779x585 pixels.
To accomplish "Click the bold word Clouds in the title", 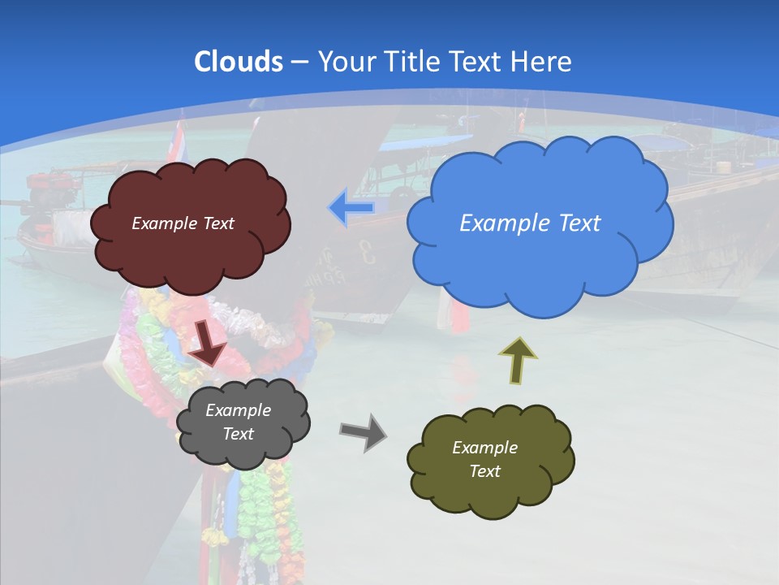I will coord(238,61).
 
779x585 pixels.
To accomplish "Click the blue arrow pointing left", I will coord(351,208).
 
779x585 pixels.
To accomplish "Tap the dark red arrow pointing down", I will coord(209,344).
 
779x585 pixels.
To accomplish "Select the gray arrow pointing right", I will coord(364,431).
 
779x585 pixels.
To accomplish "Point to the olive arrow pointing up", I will coord(518,359).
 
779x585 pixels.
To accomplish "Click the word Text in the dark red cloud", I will coord(217,223).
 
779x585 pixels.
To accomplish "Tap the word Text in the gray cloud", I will coord(238,434).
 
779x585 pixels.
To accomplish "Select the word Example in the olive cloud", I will coord(484,448).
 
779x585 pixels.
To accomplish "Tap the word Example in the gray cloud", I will coord(238,410).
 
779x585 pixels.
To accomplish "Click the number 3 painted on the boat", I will coord(368,253).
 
